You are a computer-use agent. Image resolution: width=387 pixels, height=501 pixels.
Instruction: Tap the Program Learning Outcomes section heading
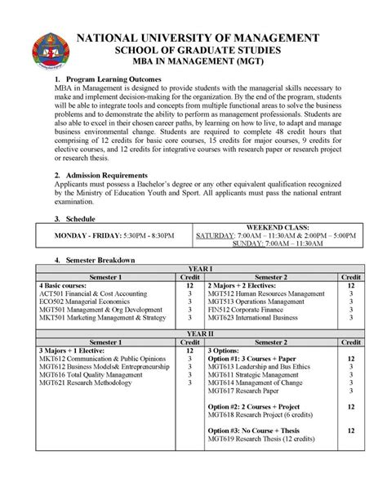coord(113,78)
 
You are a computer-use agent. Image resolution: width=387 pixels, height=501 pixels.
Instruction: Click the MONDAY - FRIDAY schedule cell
coord(113,235)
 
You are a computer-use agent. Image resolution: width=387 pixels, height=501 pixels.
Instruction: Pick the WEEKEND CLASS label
coord(277,226)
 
